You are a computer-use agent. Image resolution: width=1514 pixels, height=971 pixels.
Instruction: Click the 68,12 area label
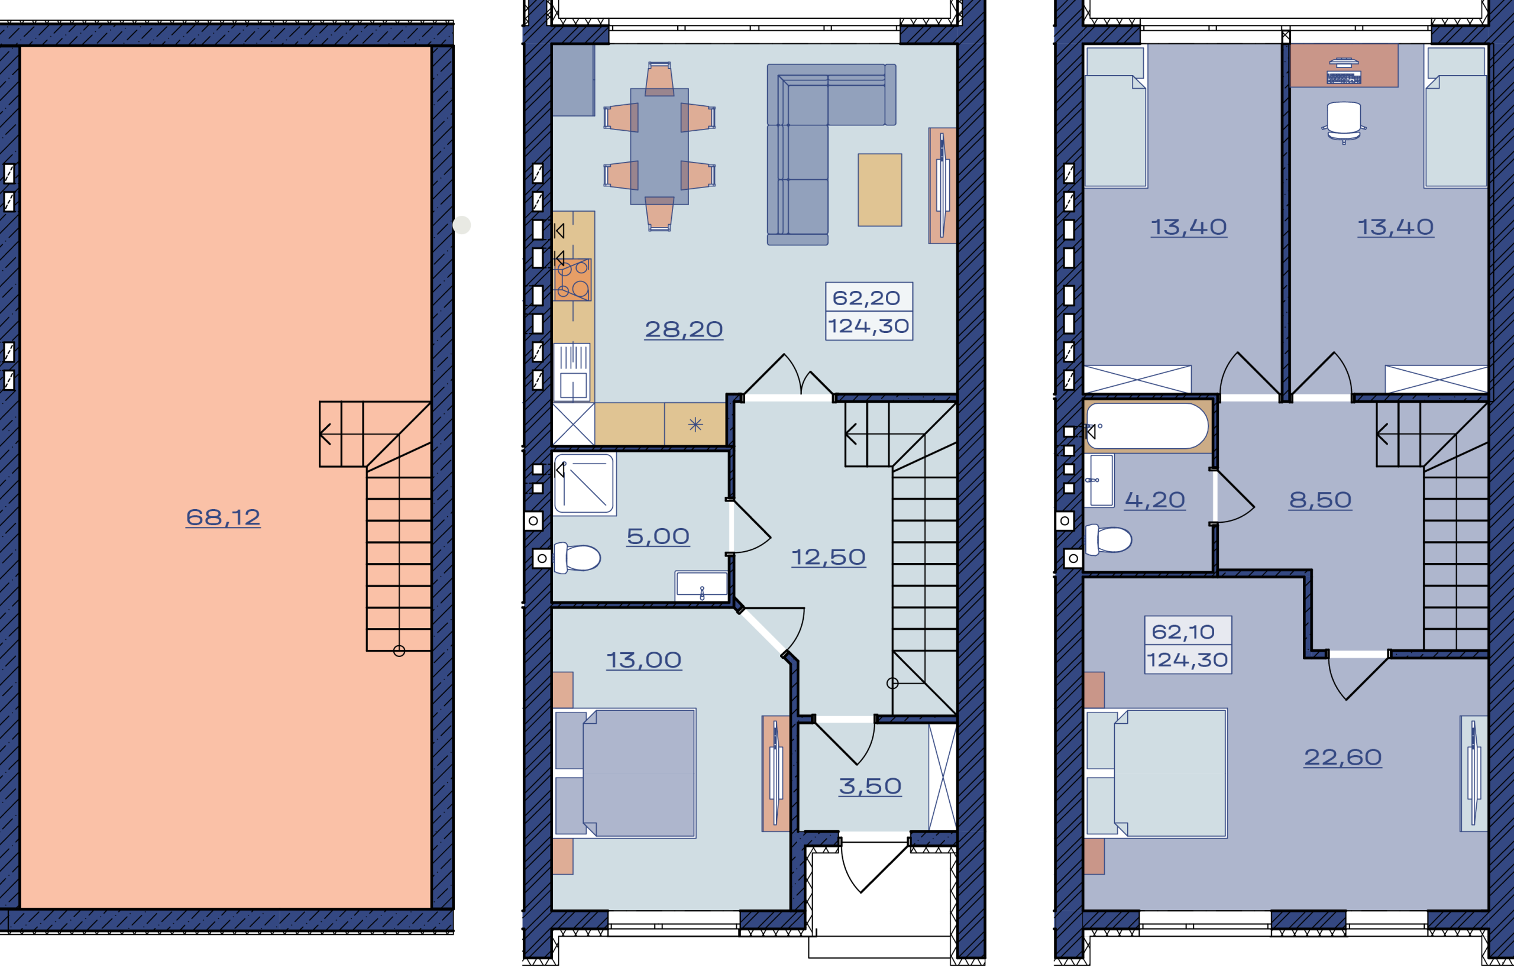(x=222, y=517)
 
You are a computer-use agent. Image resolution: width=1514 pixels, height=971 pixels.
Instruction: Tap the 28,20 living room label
(x=684, y=329)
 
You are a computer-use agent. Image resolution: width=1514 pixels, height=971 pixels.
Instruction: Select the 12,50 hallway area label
(x=829, y=556)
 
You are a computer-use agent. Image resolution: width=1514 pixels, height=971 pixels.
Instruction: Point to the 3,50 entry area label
(x=870, y=786)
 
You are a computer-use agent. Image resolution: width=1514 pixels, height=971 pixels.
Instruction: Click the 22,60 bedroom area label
(x=1342, y=756)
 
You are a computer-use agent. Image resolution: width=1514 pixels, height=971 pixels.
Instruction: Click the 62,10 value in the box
(x=1183, y=631)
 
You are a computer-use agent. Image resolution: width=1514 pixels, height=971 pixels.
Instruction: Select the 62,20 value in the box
(x=866, y=297)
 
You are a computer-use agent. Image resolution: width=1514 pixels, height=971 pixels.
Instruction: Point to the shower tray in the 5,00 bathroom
(x=584, y=484)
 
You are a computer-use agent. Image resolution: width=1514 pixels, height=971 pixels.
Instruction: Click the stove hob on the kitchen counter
(x=572, y=279)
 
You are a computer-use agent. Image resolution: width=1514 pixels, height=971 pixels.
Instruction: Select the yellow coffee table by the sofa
(x=879, y=190)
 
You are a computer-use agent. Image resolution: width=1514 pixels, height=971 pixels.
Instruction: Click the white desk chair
(x=1344, y=122)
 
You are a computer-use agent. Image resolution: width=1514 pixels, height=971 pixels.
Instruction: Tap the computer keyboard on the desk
(x=1344, y=77)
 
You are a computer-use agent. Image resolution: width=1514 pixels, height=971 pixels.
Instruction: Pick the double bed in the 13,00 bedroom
(x=625, y=773)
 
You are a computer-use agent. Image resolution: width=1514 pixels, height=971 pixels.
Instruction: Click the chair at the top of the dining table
(x=659, y=79)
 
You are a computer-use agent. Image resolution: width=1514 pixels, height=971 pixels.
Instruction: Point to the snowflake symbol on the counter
(x=695, y=425)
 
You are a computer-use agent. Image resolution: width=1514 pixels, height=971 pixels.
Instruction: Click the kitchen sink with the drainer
(x=572, y=372)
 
